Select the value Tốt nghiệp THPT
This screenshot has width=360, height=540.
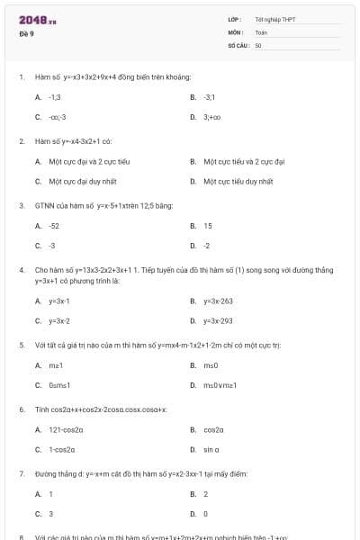point(274,19)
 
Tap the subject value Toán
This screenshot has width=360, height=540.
point(261,31)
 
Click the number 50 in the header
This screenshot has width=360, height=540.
point(258,44)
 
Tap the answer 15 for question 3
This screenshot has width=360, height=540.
point(208,226)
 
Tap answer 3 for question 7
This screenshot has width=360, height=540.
point(51,514)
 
